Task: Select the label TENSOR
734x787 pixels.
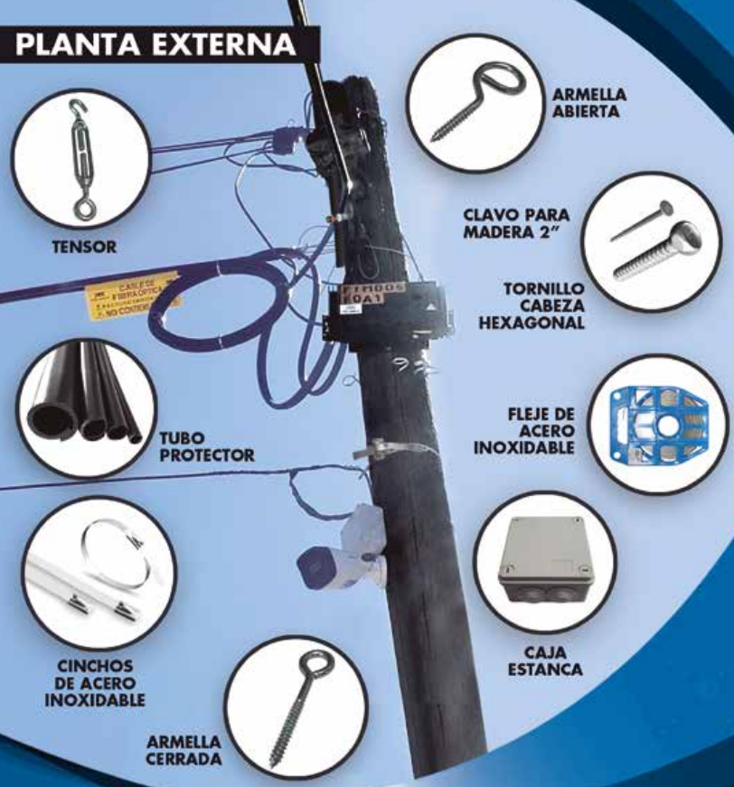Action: [83, 246]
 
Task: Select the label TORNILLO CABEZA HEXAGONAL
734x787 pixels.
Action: [545, 305]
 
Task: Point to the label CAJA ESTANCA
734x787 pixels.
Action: [552, 660]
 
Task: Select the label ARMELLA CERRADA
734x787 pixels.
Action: [183, 750]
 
